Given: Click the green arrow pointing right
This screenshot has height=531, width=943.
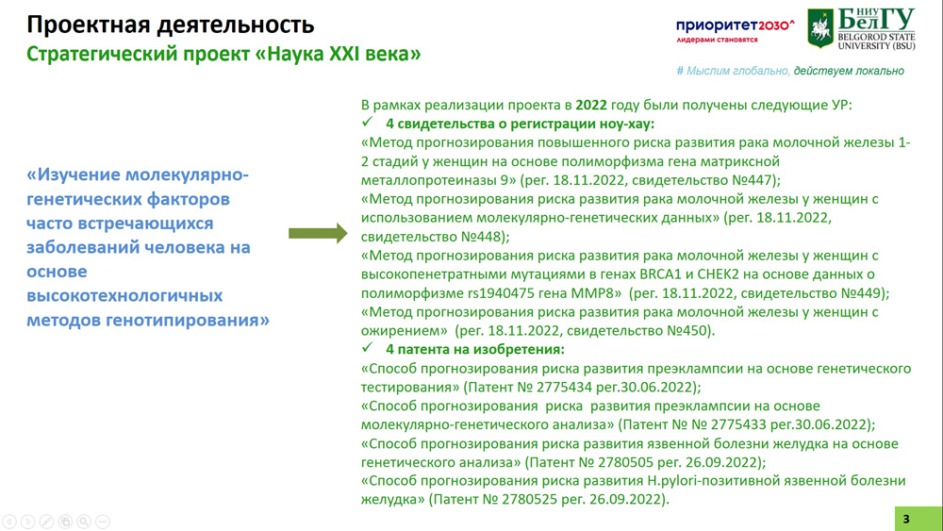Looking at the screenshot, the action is tap(318, 233).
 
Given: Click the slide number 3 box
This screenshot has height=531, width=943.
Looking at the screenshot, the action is tap(918, 519).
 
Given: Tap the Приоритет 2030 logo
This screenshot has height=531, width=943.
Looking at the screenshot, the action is tap(735, 30).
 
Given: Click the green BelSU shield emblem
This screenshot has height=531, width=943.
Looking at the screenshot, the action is tap(819, 27).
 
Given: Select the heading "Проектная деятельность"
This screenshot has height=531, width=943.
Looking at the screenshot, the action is tap(170, 25).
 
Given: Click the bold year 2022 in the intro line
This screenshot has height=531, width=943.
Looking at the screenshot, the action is tap(590, 105).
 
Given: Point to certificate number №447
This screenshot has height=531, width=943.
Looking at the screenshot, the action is tap(759, 180).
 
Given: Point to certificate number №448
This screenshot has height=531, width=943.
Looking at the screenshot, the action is tap(481, 237).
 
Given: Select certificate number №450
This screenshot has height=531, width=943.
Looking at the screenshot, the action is tap(687, 330).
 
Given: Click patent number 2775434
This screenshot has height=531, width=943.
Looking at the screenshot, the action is tap(567, 387).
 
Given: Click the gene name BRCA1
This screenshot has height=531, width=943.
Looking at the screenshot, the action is tap(658, 274).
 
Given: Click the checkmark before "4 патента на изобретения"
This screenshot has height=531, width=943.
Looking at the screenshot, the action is tap(368, 348).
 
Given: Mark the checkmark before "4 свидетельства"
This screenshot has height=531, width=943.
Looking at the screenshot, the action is tap(368, 122).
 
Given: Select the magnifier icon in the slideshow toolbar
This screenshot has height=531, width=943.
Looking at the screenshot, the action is tap(84, 522).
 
